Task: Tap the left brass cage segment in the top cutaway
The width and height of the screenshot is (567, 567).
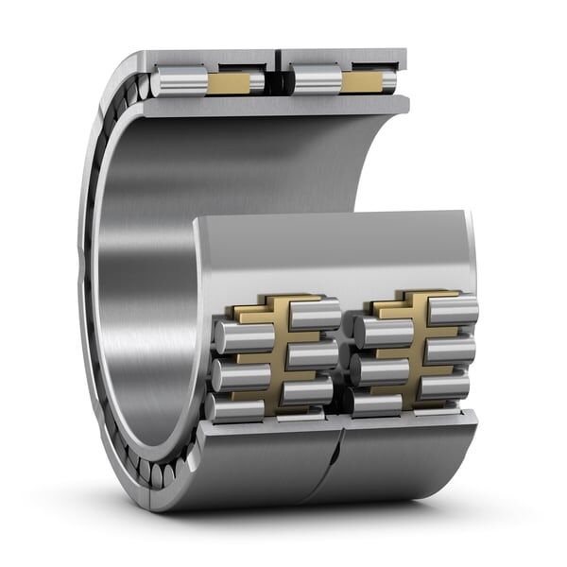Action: click(229, 83)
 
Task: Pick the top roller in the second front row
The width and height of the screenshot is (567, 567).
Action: click(314, 315)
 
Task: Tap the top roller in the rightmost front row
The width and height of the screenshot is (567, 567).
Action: click(452, 310)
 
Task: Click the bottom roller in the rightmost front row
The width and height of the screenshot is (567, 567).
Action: click(444, 384)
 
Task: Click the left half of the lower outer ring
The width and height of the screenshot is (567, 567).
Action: click(265, 463)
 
